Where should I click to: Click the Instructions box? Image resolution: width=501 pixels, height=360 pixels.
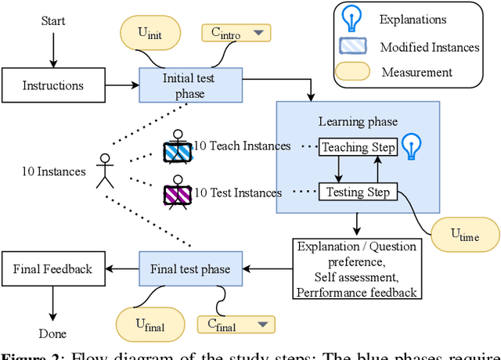(52, 85)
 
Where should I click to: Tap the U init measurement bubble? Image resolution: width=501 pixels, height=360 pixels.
(150, 34)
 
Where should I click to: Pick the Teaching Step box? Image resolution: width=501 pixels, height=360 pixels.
(359, 146)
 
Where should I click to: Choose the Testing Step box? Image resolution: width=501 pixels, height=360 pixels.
(359, 192)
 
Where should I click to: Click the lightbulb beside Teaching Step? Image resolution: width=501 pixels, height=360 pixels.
(412, 146)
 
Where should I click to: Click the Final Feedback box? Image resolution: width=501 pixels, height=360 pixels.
(52, 269)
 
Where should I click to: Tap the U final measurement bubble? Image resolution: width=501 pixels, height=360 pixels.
(150, 324)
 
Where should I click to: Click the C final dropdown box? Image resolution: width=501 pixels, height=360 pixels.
(236, 324)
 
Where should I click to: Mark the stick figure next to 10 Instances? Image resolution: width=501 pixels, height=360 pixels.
(104, 171)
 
